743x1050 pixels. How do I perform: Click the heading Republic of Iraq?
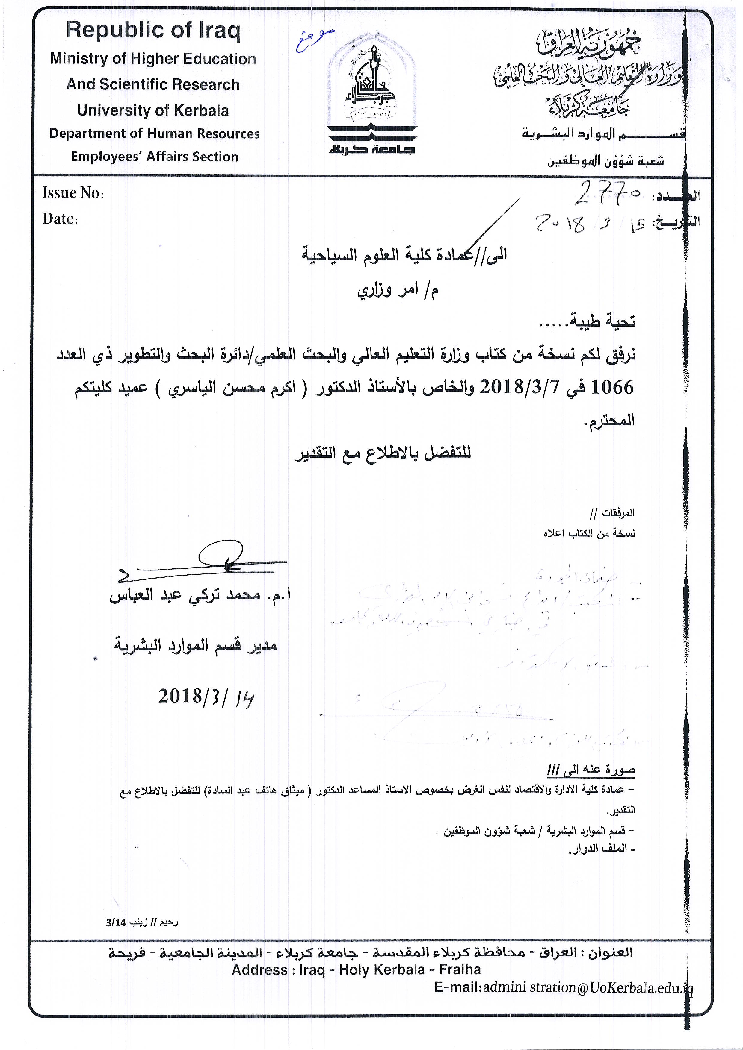pos(153,31)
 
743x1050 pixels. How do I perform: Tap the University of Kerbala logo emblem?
pos(372,101)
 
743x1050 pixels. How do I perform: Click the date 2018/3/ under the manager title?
pos(206,697)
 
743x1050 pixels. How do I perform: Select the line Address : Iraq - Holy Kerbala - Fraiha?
pos(356,970)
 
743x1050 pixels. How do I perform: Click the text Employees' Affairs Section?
pos(154,157)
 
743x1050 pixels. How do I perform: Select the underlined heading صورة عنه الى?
pos(591,770)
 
